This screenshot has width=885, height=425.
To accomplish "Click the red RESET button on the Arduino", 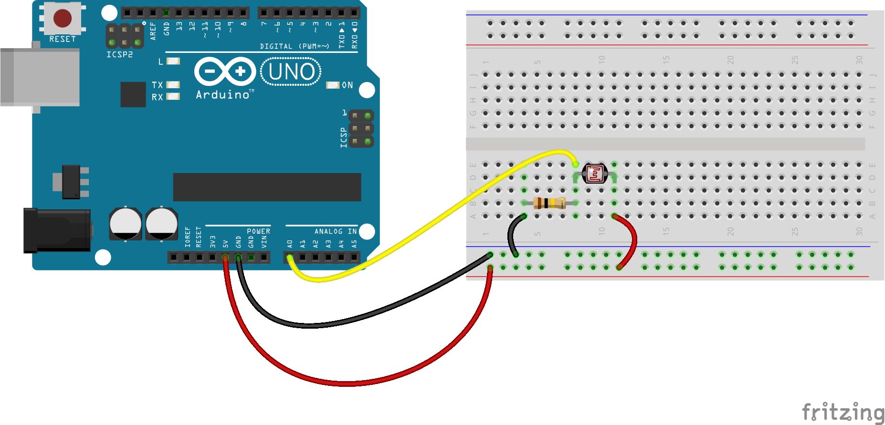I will point(63,18).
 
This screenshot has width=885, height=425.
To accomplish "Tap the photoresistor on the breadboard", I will point(595,174).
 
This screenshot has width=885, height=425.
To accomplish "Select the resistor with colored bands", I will point(549,203).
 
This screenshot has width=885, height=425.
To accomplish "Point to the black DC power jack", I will point(57,230).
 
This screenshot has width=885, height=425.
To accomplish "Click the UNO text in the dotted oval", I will point(291,72).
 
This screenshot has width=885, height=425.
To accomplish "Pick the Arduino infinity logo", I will point(225,72).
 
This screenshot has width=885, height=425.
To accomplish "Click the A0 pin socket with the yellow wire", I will point(290,258).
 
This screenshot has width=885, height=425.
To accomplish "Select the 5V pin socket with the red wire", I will point(225,258).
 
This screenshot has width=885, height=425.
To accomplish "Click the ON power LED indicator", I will point(332,85).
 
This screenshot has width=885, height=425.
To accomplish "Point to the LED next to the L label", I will point(173,61).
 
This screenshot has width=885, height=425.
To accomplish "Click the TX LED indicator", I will point(173,85).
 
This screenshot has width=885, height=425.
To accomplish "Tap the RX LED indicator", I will point(173,96).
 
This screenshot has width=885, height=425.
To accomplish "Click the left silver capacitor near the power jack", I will point(126,224).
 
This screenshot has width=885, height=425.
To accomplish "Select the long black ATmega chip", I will point(267,187).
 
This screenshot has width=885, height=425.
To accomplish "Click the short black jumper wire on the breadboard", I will point(512,236).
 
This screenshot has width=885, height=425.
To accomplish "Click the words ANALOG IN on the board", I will point(335,231).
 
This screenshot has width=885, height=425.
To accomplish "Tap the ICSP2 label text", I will point(119,54).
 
